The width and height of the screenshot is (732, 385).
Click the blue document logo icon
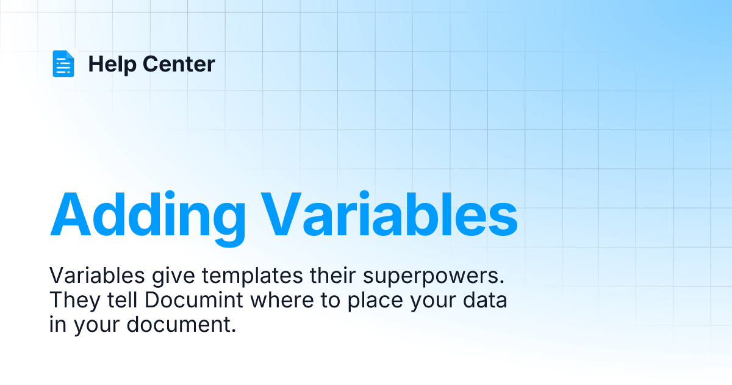[x=63, y=64]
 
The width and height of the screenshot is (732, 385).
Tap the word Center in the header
[x=179, y=64]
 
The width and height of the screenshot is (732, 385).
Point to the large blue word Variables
[x=389, y=214]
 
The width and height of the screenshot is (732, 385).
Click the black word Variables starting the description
[x=97, y=276]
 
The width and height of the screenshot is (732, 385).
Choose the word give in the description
[x=173, y=277]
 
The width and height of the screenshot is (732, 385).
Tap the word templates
[x=253, y=277]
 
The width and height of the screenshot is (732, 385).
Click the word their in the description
[x=332, y=276]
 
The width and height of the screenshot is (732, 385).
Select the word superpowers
[x=434, y=277]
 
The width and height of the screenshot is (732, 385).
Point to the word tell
[x=122, y=300]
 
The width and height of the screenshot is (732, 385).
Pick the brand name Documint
[x=194, y=300]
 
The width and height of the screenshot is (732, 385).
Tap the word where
[x=282, y=300]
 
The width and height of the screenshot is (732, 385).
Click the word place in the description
[x=375, y=301]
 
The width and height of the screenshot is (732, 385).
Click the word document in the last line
[x=181, y=324]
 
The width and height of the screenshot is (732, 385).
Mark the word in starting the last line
[x=58, y=324]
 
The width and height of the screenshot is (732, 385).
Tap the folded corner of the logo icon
[x=70, y=54]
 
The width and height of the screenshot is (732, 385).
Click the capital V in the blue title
[x=281, y=214]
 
